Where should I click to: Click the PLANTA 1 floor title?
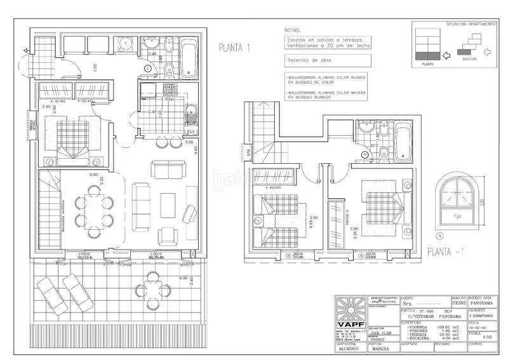[236, 47]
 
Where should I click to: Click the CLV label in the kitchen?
[190, 131]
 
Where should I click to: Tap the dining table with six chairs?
[94, 211]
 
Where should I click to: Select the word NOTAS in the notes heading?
[293, 30]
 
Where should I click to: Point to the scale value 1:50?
[476, 337]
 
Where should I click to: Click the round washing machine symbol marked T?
[126, 44]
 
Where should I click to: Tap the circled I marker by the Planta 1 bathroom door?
[147, 67]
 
